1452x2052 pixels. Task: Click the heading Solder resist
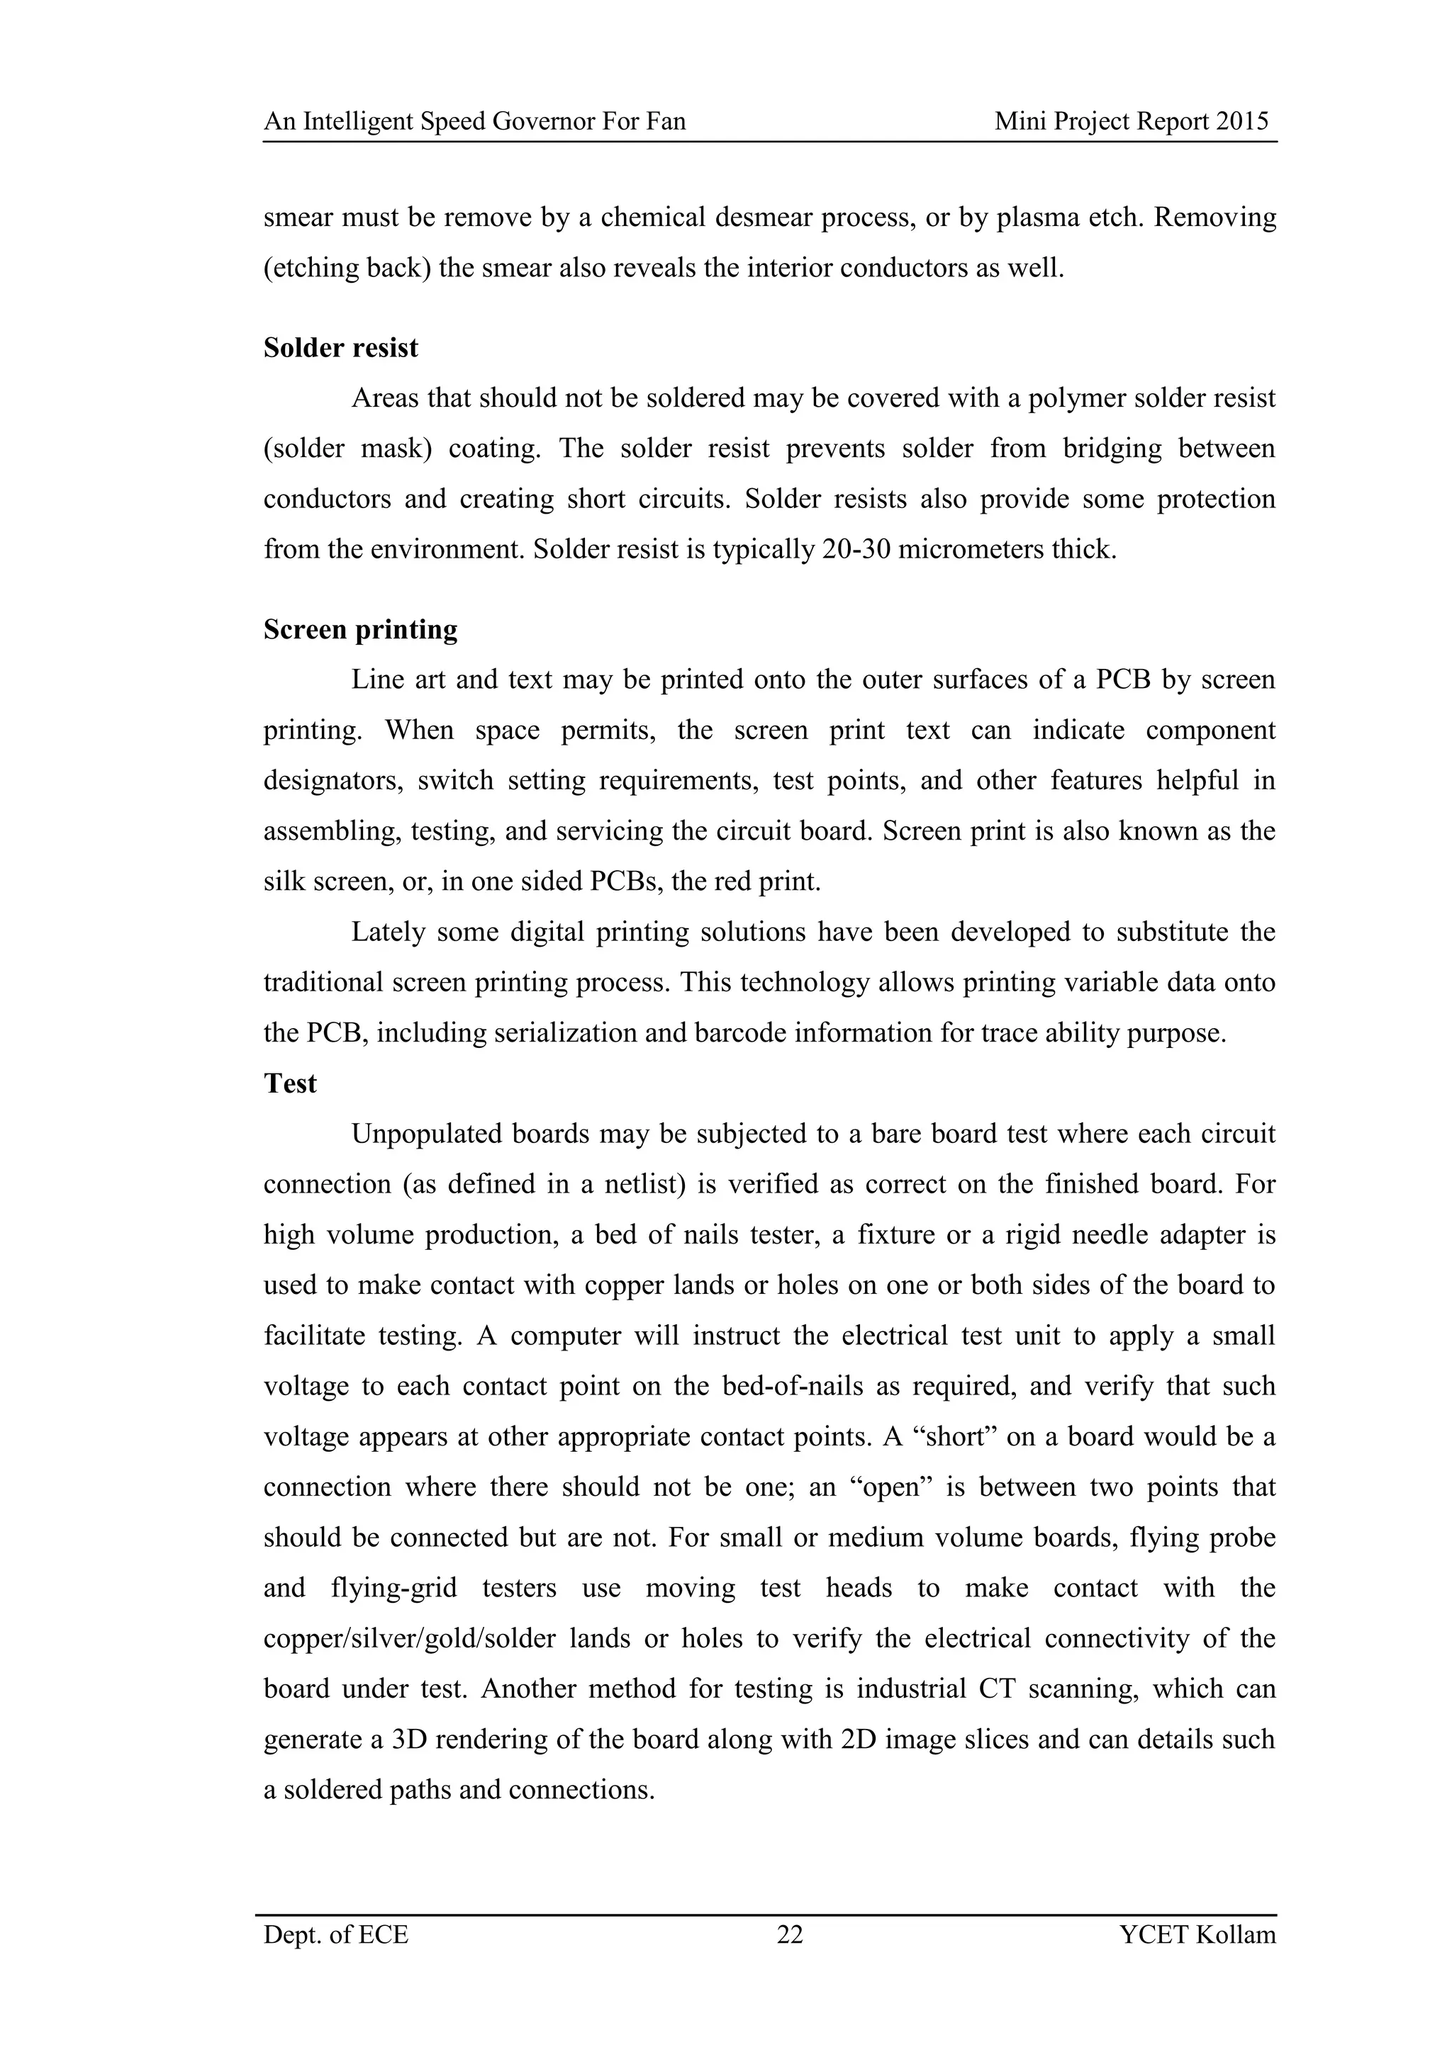tap(340, 348)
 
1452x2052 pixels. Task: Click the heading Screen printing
tap(360, 630)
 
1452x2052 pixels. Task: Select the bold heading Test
tap(290, 1083)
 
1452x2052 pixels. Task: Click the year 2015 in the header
tap(1242, 122)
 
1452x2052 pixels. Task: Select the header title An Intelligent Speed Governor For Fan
tap(475, 122)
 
